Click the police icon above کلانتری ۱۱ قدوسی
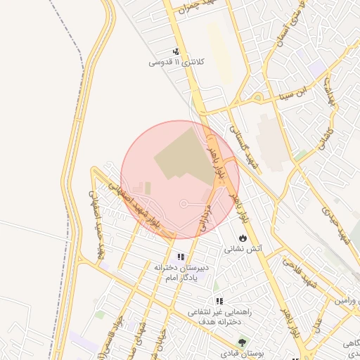click(x=176, y=51)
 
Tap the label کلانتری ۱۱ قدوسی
click(x=176, y=63)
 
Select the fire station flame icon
click(x=243, y=238)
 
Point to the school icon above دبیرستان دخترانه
click(x=181, y=257)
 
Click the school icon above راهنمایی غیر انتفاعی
click(x=219, y=301)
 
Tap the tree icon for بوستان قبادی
click(x=243, y=342)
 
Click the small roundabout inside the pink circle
click(x=184, y=204)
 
